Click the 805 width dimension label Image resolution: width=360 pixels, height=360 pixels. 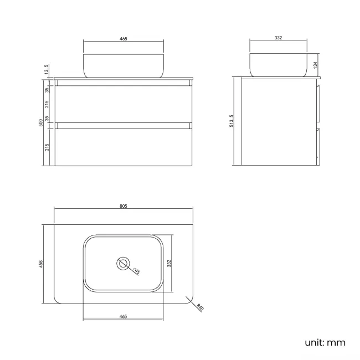click(124, 206)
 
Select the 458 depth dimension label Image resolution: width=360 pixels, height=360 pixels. click(41, 264)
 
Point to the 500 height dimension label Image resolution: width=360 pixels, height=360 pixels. click(41, 122)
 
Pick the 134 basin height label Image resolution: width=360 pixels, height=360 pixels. click(315, 65)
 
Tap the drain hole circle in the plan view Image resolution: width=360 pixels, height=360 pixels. click(123, 263)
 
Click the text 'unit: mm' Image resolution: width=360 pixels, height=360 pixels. click(325, 342)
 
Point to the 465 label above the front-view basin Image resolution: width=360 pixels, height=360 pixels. click(124, 39)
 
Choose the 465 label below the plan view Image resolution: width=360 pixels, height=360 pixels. click(123, 316)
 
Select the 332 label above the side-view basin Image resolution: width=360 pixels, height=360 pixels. click(278, 38)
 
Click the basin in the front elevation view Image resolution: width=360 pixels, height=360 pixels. click(124, 65)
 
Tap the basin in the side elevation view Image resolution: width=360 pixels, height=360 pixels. click(278, 65)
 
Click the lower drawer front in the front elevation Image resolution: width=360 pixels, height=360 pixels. click(124, 147)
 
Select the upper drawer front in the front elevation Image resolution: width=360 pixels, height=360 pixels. click(124, 104)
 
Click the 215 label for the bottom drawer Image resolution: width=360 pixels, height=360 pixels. click(48, 147)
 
